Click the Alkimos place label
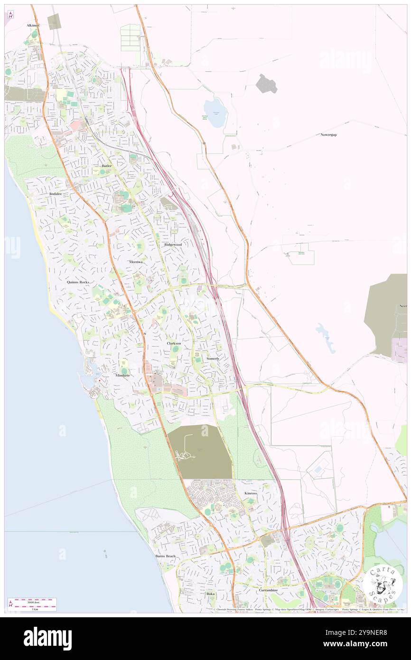pos(33,25)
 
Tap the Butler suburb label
pos(106,166)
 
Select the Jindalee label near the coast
pos(56,194)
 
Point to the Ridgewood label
pos(173,245)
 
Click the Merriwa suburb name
pos(136,262)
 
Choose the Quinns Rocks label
pos(78,282)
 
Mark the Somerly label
pos(213,358)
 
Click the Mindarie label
pos(122,376)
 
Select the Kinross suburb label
pos(251,493)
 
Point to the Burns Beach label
pos(165,556)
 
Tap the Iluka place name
pos(210,594)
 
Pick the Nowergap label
pos(331,135)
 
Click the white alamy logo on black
pos(47,638)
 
